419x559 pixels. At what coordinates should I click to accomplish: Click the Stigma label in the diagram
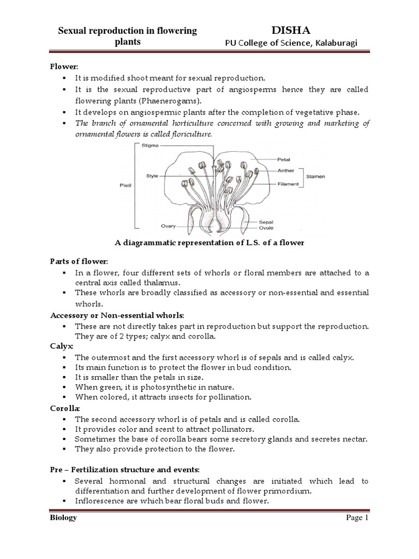pyautogui.click(x=149, y=146)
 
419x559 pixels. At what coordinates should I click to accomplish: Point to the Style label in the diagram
pyautogui.click(x=152, y=176)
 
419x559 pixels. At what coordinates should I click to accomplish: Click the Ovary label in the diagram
pyautogui.click(x=153, y=224)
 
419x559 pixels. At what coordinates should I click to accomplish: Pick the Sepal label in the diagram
pyautogui.click(x=282, y=223)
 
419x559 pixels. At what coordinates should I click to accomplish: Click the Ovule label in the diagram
pyautogui.click(x=282, y=228)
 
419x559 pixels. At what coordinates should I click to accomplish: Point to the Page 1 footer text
pyautogui.click(x=358, y=518)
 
